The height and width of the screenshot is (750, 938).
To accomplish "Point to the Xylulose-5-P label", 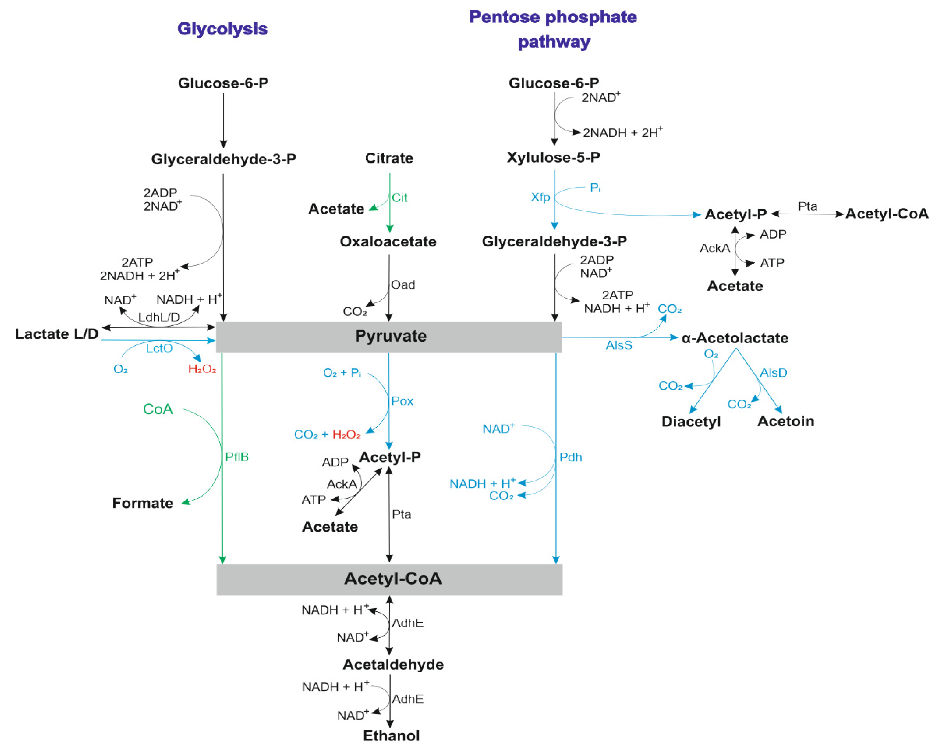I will (x=553, y=157).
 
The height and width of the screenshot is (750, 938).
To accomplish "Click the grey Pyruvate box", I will (x=389, y=337).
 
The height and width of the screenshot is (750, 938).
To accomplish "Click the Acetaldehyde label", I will (x=393, y=664).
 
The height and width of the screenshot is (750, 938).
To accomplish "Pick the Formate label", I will (x=143, y=503).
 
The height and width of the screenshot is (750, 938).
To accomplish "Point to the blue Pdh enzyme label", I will (x=570, y=457).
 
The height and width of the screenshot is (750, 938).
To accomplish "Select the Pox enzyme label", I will (x=402, y=401).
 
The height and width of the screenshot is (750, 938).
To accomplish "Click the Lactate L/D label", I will (x=56, y=334).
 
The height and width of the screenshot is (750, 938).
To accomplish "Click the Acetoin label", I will (x=786, y=421).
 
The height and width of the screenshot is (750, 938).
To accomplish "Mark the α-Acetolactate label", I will (x=735, y=338).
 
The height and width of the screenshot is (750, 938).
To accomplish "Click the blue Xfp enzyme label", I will (x=540, y=197).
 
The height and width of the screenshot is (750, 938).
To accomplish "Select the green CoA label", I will (x=158, y=409).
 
